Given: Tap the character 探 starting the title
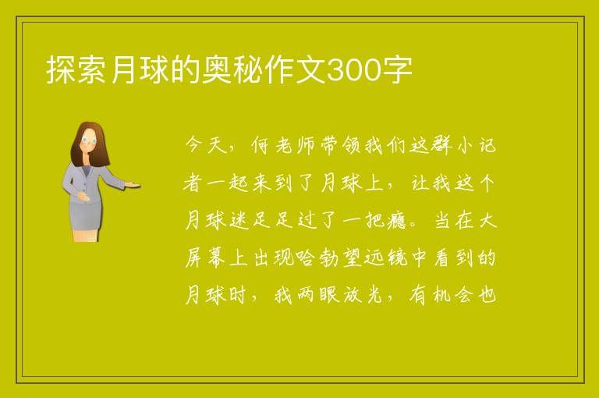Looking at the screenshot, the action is click(60, 69).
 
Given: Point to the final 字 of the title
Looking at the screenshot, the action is click(398, 69).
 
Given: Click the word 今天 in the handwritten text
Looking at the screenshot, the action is click(207, 145).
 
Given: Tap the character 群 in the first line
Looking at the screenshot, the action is click(442, 145).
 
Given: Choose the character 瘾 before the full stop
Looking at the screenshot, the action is click(395, 220).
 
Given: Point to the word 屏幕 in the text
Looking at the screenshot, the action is click(205, 258).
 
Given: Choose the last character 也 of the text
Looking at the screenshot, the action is click(487, 295).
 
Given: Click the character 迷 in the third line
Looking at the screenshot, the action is click(239, 220).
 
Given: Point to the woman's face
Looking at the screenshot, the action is click(90, 140).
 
